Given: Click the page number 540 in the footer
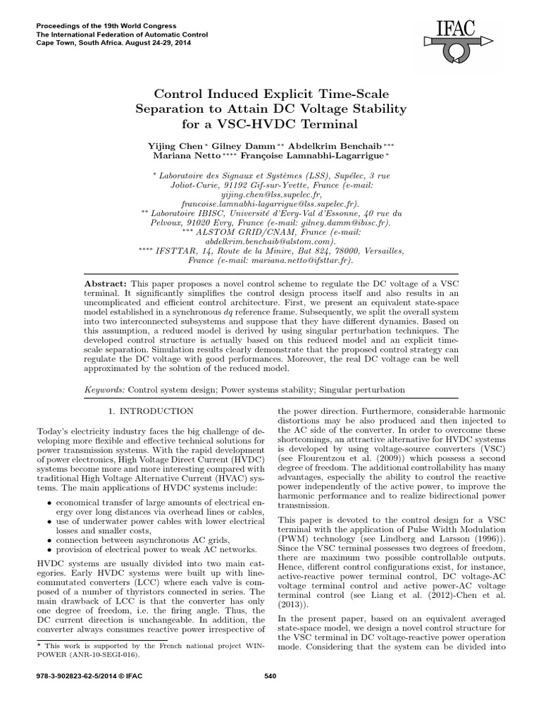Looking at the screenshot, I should coord(270,676).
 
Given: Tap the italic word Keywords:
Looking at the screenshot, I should coord(105,388).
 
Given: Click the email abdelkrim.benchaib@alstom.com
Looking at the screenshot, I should coord(270,240).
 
